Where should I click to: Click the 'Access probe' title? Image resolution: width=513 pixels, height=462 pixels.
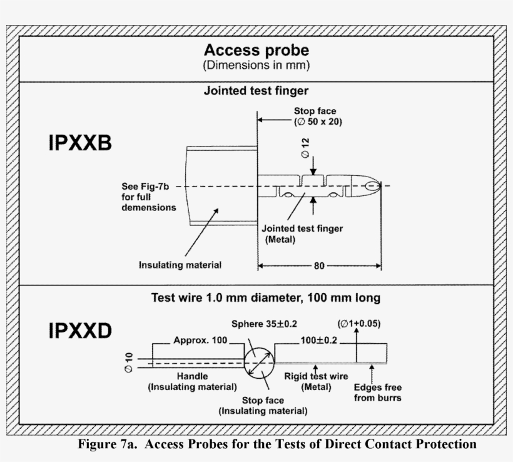point(256,50)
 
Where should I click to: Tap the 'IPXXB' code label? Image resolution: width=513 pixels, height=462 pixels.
point(79,145)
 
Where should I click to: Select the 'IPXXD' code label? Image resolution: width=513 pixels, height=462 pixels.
point(80,331)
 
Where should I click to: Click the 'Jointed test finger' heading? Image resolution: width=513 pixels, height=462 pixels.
point(256,91)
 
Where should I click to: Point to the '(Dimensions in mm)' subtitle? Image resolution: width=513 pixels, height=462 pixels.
point(256,64)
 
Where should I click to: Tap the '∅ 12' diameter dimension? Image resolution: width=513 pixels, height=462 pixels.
point(306,148)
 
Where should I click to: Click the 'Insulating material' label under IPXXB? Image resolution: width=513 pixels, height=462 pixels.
point(180,265)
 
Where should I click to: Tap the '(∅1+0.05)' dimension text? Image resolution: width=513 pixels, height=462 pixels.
point(359,324)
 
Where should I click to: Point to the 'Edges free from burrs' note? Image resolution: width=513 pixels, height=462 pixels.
point(378,393)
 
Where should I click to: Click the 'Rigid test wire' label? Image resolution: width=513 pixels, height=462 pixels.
point(317,377)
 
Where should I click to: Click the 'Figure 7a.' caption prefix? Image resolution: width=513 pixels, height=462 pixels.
point(104,444)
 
